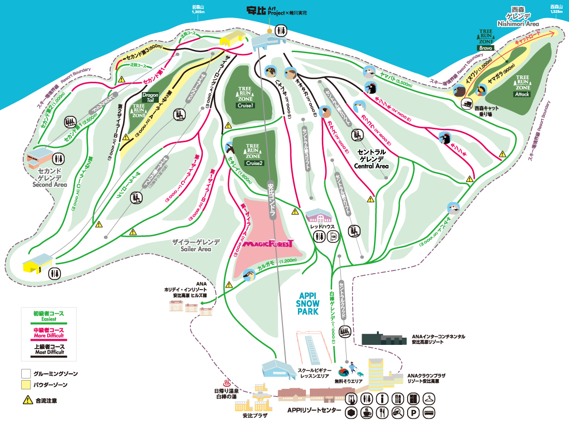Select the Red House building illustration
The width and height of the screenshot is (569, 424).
(x=321, y=216)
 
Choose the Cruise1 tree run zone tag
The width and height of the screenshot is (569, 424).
(x=245, y=105)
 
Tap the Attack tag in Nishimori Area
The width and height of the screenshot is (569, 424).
(x=522, y=94)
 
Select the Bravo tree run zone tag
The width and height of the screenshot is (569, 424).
(x=485, y=48)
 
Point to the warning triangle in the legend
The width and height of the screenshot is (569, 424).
(x=26, y=400)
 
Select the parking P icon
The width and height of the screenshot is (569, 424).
(x=413, y=412)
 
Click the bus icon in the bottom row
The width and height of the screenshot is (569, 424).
(x=429, y=412)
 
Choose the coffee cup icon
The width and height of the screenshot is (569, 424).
(x=367, y=412)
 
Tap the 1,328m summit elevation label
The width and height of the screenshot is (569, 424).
(x=557, y=10)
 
